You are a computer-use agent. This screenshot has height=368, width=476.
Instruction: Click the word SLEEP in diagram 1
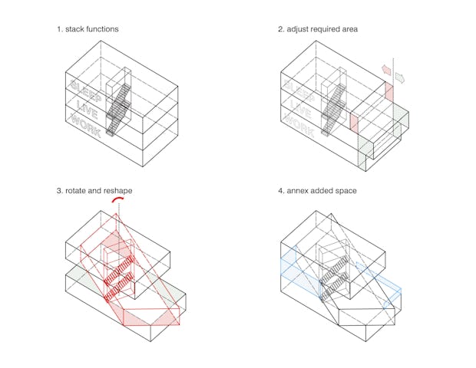(86, 90)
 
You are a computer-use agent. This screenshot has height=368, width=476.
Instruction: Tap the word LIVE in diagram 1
(88, 110)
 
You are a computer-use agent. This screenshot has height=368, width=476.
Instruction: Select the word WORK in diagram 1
(86, 125)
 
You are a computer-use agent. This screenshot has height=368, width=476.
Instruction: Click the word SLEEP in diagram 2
(299, 90)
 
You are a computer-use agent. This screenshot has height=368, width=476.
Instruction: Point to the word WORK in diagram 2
(299, 125)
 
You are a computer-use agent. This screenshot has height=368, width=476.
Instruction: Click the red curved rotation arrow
(117, 199)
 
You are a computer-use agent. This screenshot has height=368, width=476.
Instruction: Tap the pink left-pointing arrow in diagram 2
(386, 69)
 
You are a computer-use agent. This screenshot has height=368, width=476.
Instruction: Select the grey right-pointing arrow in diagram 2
(400, 77)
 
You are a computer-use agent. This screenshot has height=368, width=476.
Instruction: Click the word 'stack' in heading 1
(74, 29)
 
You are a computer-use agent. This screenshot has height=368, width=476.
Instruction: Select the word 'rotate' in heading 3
(75, 191)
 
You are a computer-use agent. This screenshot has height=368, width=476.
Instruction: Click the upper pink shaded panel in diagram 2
(389, 92)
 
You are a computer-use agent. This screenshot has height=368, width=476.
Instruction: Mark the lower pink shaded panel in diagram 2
(354, 123)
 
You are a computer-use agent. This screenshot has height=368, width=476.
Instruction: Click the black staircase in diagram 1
(119, 110)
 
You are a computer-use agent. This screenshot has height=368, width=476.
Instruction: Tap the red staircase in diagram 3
(119, 278)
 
